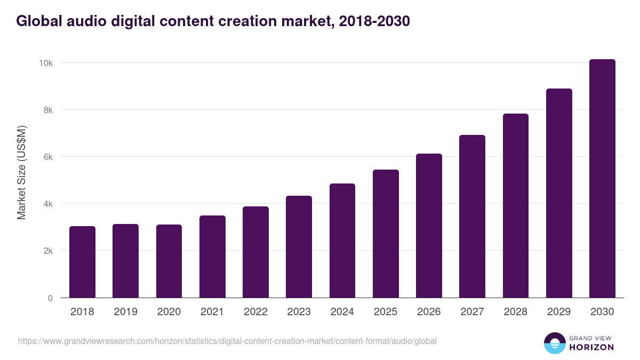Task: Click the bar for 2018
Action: coord(82,262)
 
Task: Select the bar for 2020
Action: coord(169,261)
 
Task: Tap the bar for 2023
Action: coord(299,247)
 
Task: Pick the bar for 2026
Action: coord(429,226)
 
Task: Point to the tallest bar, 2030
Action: coord(602,179)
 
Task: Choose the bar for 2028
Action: coord(516,206)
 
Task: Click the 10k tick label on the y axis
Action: coord(45,63)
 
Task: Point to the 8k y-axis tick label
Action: coord(47,110)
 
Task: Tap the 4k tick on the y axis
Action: coord(47,204)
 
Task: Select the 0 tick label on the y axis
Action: coord(50,298)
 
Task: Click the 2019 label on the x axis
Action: coord(125,312)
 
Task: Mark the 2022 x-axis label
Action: coord(255,312)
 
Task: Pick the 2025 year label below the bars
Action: coord(386,312)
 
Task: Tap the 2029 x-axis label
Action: coord(559,312)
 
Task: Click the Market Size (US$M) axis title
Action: coord(21,173)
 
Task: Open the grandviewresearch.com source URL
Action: coord(227,341)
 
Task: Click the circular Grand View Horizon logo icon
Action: coord(554,343)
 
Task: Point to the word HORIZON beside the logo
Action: coord(591,347)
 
